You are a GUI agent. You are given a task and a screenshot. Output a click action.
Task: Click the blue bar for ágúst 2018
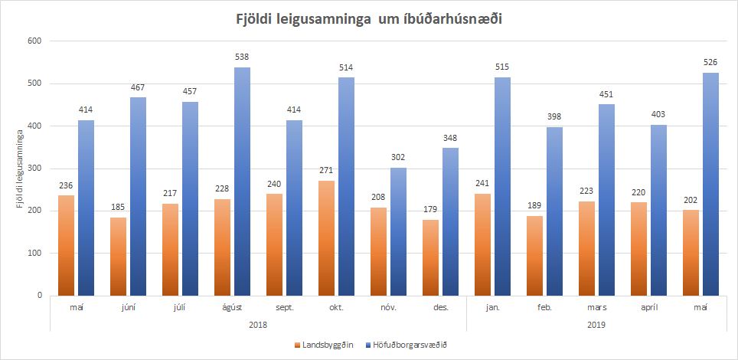point(241,182)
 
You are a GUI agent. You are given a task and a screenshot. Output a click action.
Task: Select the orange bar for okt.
point(327,237)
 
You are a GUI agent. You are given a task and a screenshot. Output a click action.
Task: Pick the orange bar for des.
point(431,257)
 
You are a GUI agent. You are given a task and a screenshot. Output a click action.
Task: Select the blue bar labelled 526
point(710,184)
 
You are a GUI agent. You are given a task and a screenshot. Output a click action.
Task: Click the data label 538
point(241,57)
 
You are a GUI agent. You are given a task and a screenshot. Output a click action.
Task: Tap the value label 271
point(327,170)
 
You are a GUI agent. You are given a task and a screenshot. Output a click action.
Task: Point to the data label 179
point(431,209)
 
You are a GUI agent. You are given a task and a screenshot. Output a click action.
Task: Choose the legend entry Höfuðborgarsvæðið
point(410,345)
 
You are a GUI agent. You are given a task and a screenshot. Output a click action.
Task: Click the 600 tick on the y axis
point(34,41)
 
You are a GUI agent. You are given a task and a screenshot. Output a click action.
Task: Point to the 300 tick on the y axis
point(34,169)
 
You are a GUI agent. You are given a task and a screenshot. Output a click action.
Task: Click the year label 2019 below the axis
point(596,324)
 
